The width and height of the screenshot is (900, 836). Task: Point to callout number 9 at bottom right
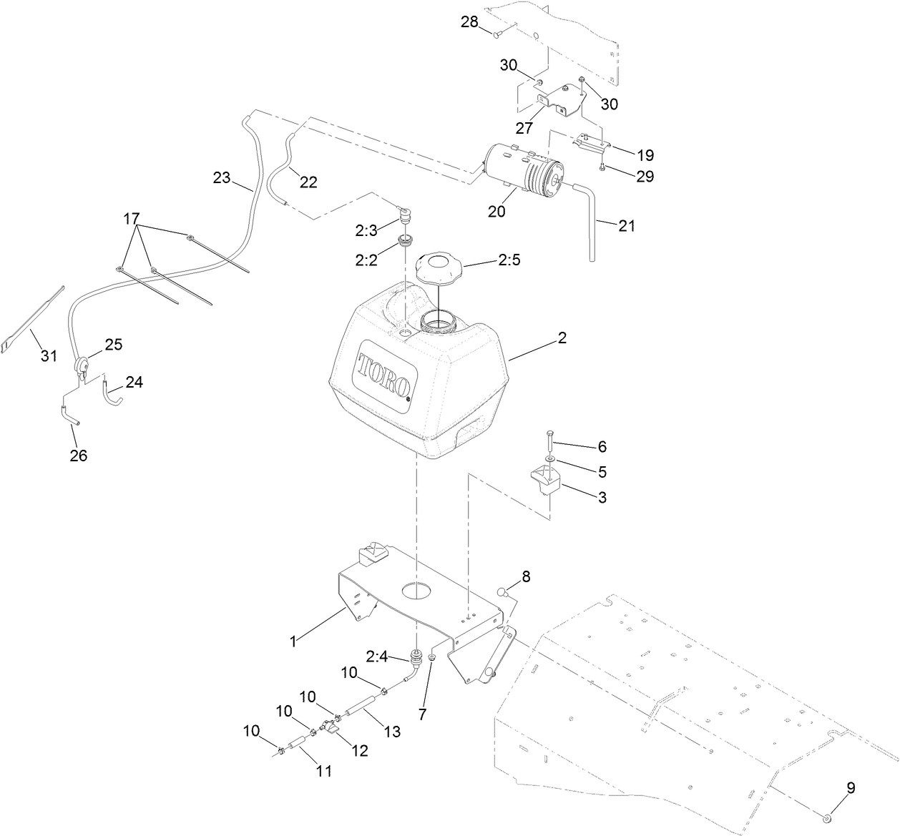[851, 788]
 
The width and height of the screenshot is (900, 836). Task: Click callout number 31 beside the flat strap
[48, 355]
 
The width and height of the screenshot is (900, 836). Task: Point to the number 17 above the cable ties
[132, 217]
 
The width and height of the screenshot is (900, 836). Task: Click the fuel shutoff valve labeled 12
[330, 729]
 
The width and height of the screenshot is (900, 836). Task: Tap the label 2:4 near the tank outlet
[378, 656]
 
